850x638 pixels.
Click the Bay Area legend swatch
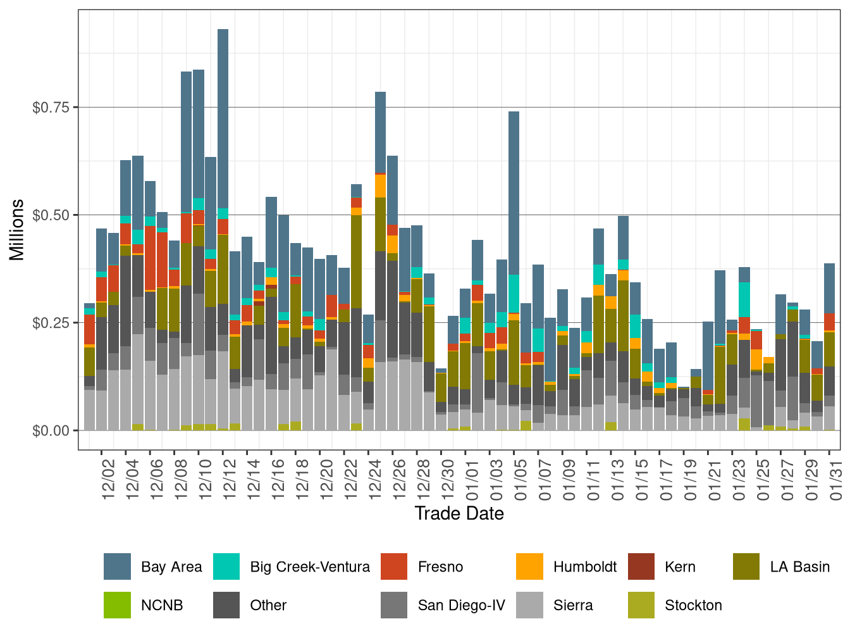pos(117,566)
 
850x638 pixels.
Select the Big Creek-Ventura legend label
pos(310,566)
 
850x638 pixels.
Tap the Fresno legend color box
pos(394,566)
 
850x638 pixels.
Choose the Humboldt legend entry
pos(584,566)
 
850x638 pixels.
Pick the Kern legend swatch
pos(641,566)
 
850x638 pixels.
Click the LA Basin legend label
pos(799,566)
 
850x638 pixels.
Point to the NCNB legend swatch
pos(117,605)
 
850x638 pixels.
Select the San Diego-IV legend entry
pos(461,605)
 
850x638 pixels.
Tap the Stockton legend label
pos(693,605)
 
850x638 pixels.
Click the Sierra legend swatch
pos(529,605)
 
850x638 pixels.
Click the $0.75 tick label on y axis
pos(50,108)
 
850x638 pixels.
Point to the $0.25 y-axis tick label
pos(50,323)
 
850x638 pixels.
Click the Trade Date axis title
pos(459,513)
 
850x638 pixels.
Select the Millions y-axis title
pos(17,230)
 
